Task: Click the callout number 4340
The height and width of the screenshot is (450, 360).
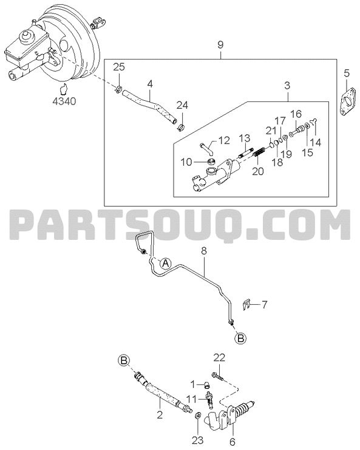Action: (64, 101)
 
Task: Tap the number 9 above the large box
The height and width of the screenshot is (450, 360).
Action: (220, 45)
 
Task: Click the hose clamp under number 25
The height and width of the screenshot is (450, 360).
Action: (118, 89)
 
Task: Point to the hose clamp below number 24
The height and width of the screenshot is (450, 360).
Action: (181, 127)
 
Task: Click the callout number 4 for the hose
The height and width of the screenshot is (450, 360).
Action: (150, 84)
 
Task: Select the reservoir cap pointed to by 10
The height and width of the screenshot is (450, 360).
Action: (212, 162)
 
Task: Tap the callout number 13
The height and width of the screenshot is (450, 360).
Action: (245, 138)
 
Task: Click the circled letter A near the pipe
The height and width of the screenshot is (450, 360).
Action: (165, 263)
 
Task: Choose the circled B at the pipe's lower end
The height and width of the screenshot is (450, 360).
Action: (240, 338)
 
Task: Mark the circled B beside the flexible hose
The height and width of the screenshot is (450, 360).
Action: (124, 361)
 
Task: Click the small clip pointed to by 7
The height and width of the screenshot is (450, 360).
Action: (246, 305)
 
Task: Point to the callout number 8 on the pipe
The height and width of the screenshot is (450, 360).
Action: (203, 251)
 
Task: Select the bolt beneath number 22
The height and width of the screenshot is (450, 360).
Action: (219, 377)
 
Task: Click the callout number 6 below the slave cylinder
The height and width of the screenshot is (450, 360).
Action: (233, 442)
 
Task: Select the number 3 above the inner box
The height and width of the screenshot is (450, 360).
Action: (287, 85)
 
